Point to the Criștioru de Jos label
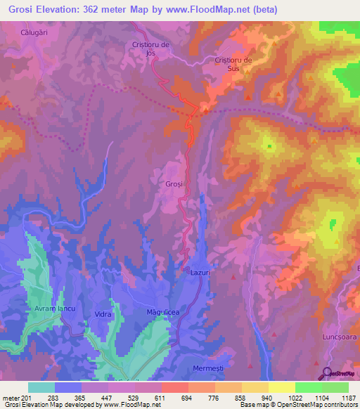pyautogui.click(x=151, y=48)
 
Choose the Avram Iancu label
pyautogui.click(x=44, y=309)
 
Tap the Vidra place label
pyautogui.click(x=103, y=314)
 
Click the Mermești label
pyautogui.click(x=211, y=368)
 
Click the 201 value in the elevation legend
pyautogui.click(x=27, y=398)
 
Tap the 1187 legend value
pyautogui.click(x=347, y=398)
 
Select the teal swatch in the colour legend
pyautogui.click(x=41, y=387)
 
